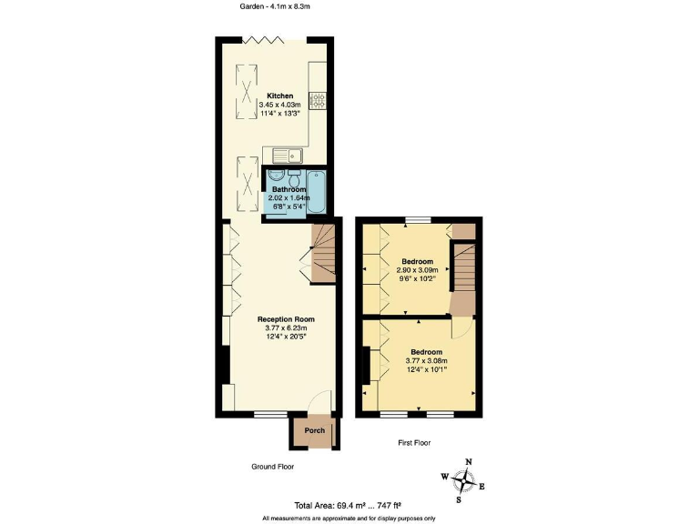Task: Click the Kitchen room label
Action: point(279,96)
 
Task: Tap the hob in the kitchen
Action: point(319,101)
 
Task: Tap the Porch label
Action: point(314,430)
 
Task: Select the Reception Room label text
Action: point(286,319)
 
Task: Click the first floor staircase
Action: point(464,270)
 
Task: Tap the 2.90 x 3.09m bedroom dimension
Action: point(418,270)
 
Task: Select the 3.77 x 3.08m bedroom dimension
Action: point(426,361)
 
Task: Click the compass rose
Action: point(467,478)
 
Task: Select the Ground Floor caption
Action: point(272,466)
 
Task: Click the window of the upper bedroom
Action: point(418,219)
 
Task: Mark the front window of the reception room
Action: point(268,415)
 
